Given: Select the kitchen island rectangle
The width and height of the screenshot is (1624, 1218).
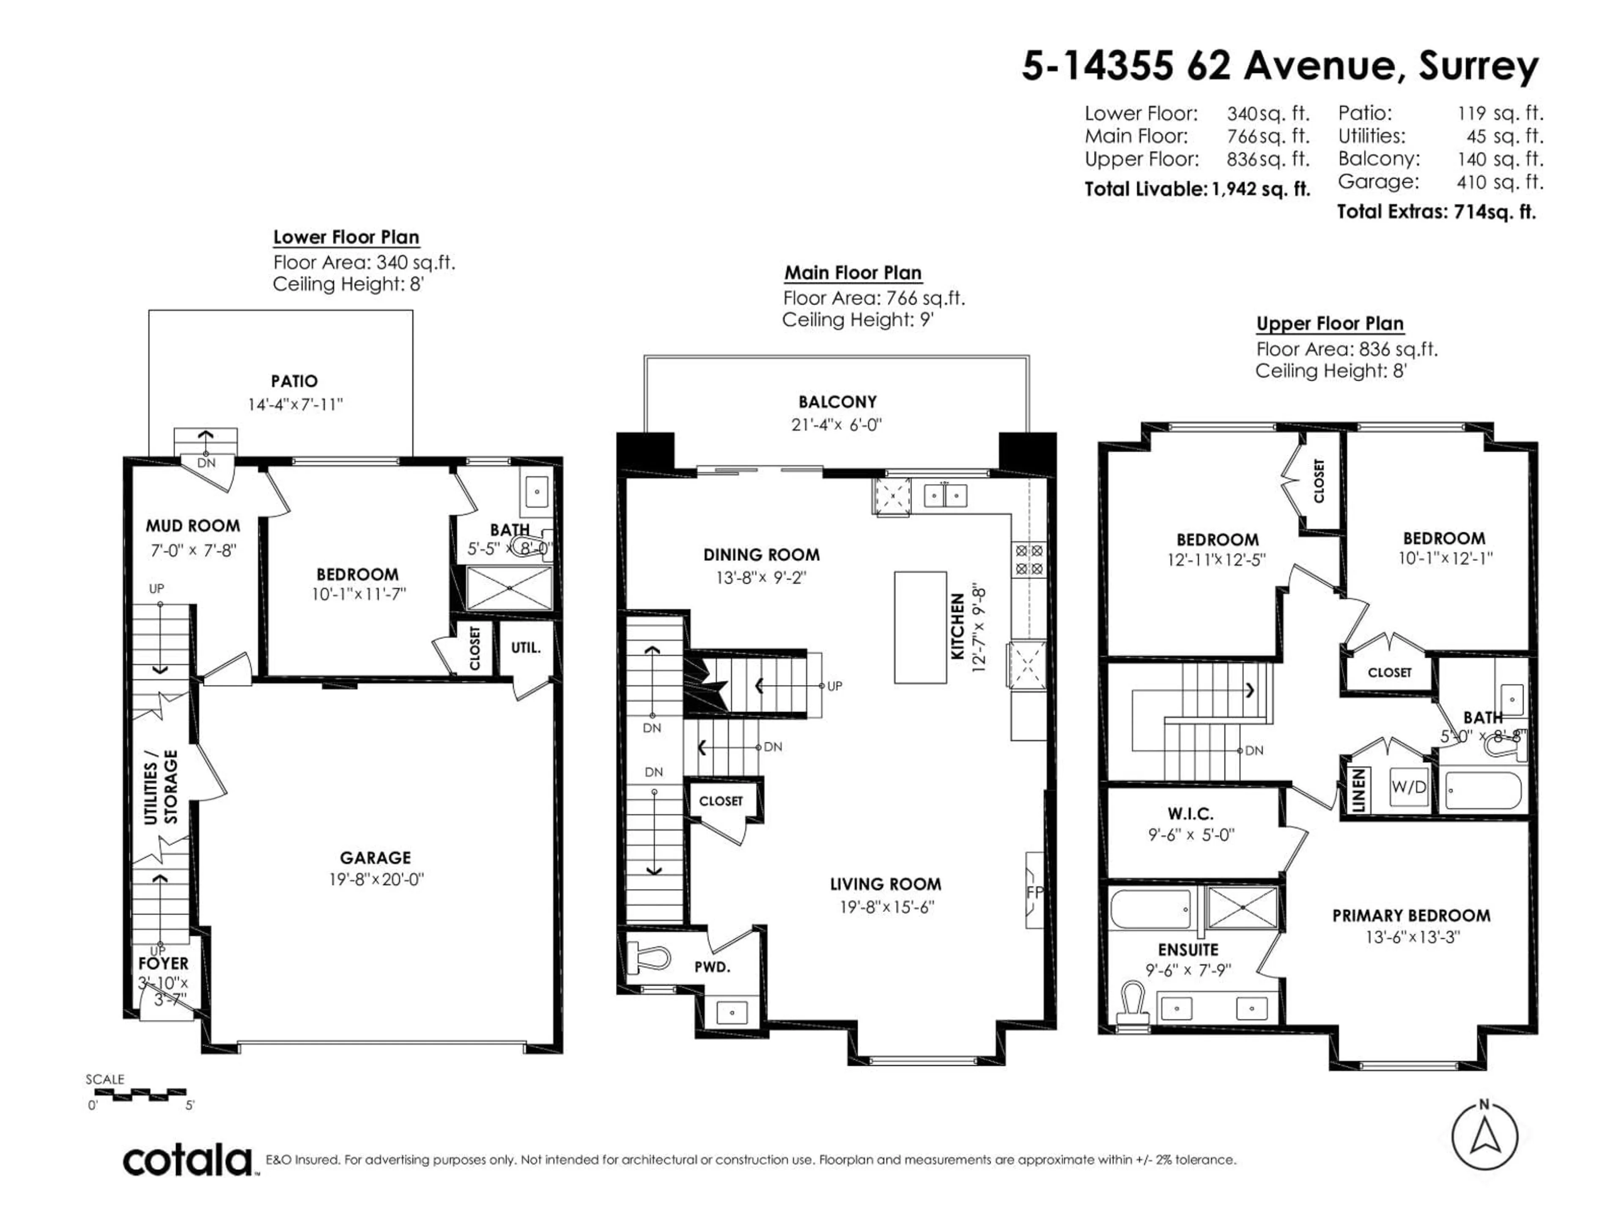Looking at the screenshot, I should click(920, 628).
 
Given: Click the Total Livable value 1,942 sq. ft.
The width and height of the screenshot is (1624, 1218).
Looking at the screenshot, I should click(1261, 189).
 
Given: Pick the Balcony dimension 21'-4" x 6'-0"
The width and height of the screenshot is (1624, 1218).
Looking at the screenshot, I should click(837, 424).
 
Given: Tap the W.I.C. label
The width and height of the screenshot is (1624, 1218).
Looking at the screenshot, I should click(1190, 813).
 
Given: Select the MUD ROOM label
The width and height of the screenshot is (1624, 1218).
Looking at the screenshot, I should click(192, 526).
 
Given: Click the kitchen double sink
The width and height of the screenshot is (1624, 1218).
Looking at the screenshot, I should click(945, 496).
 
